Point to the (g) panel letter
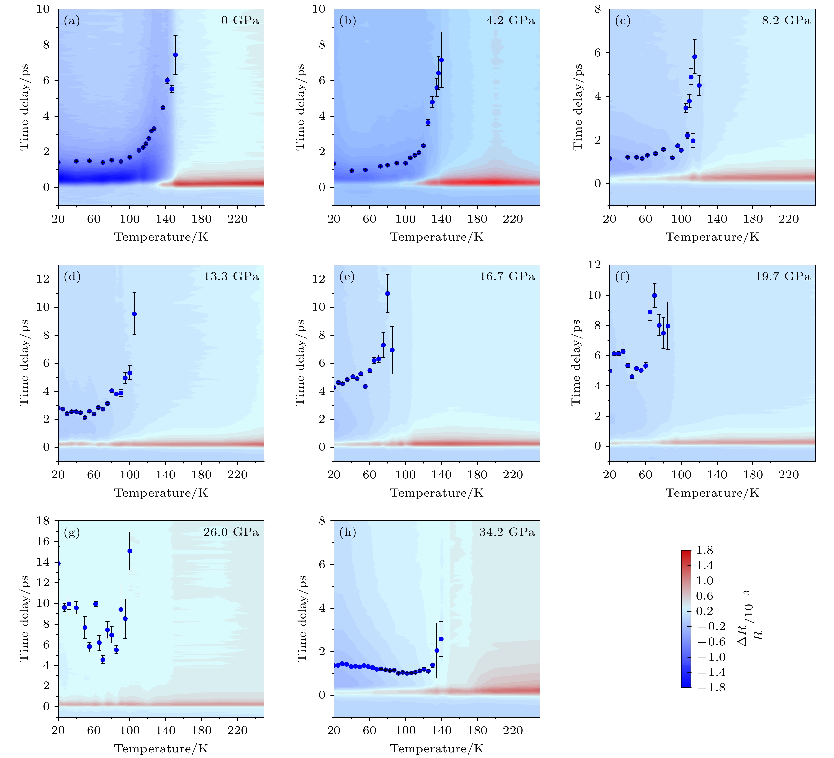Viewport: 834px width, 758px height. point(72,532)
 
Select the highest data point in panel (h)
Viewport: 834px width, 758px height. point(441,639)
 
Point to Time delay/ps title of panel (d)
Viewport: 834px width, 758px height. point(24,362)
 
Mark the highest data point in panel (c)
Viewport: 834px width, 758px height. point(695,57)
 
